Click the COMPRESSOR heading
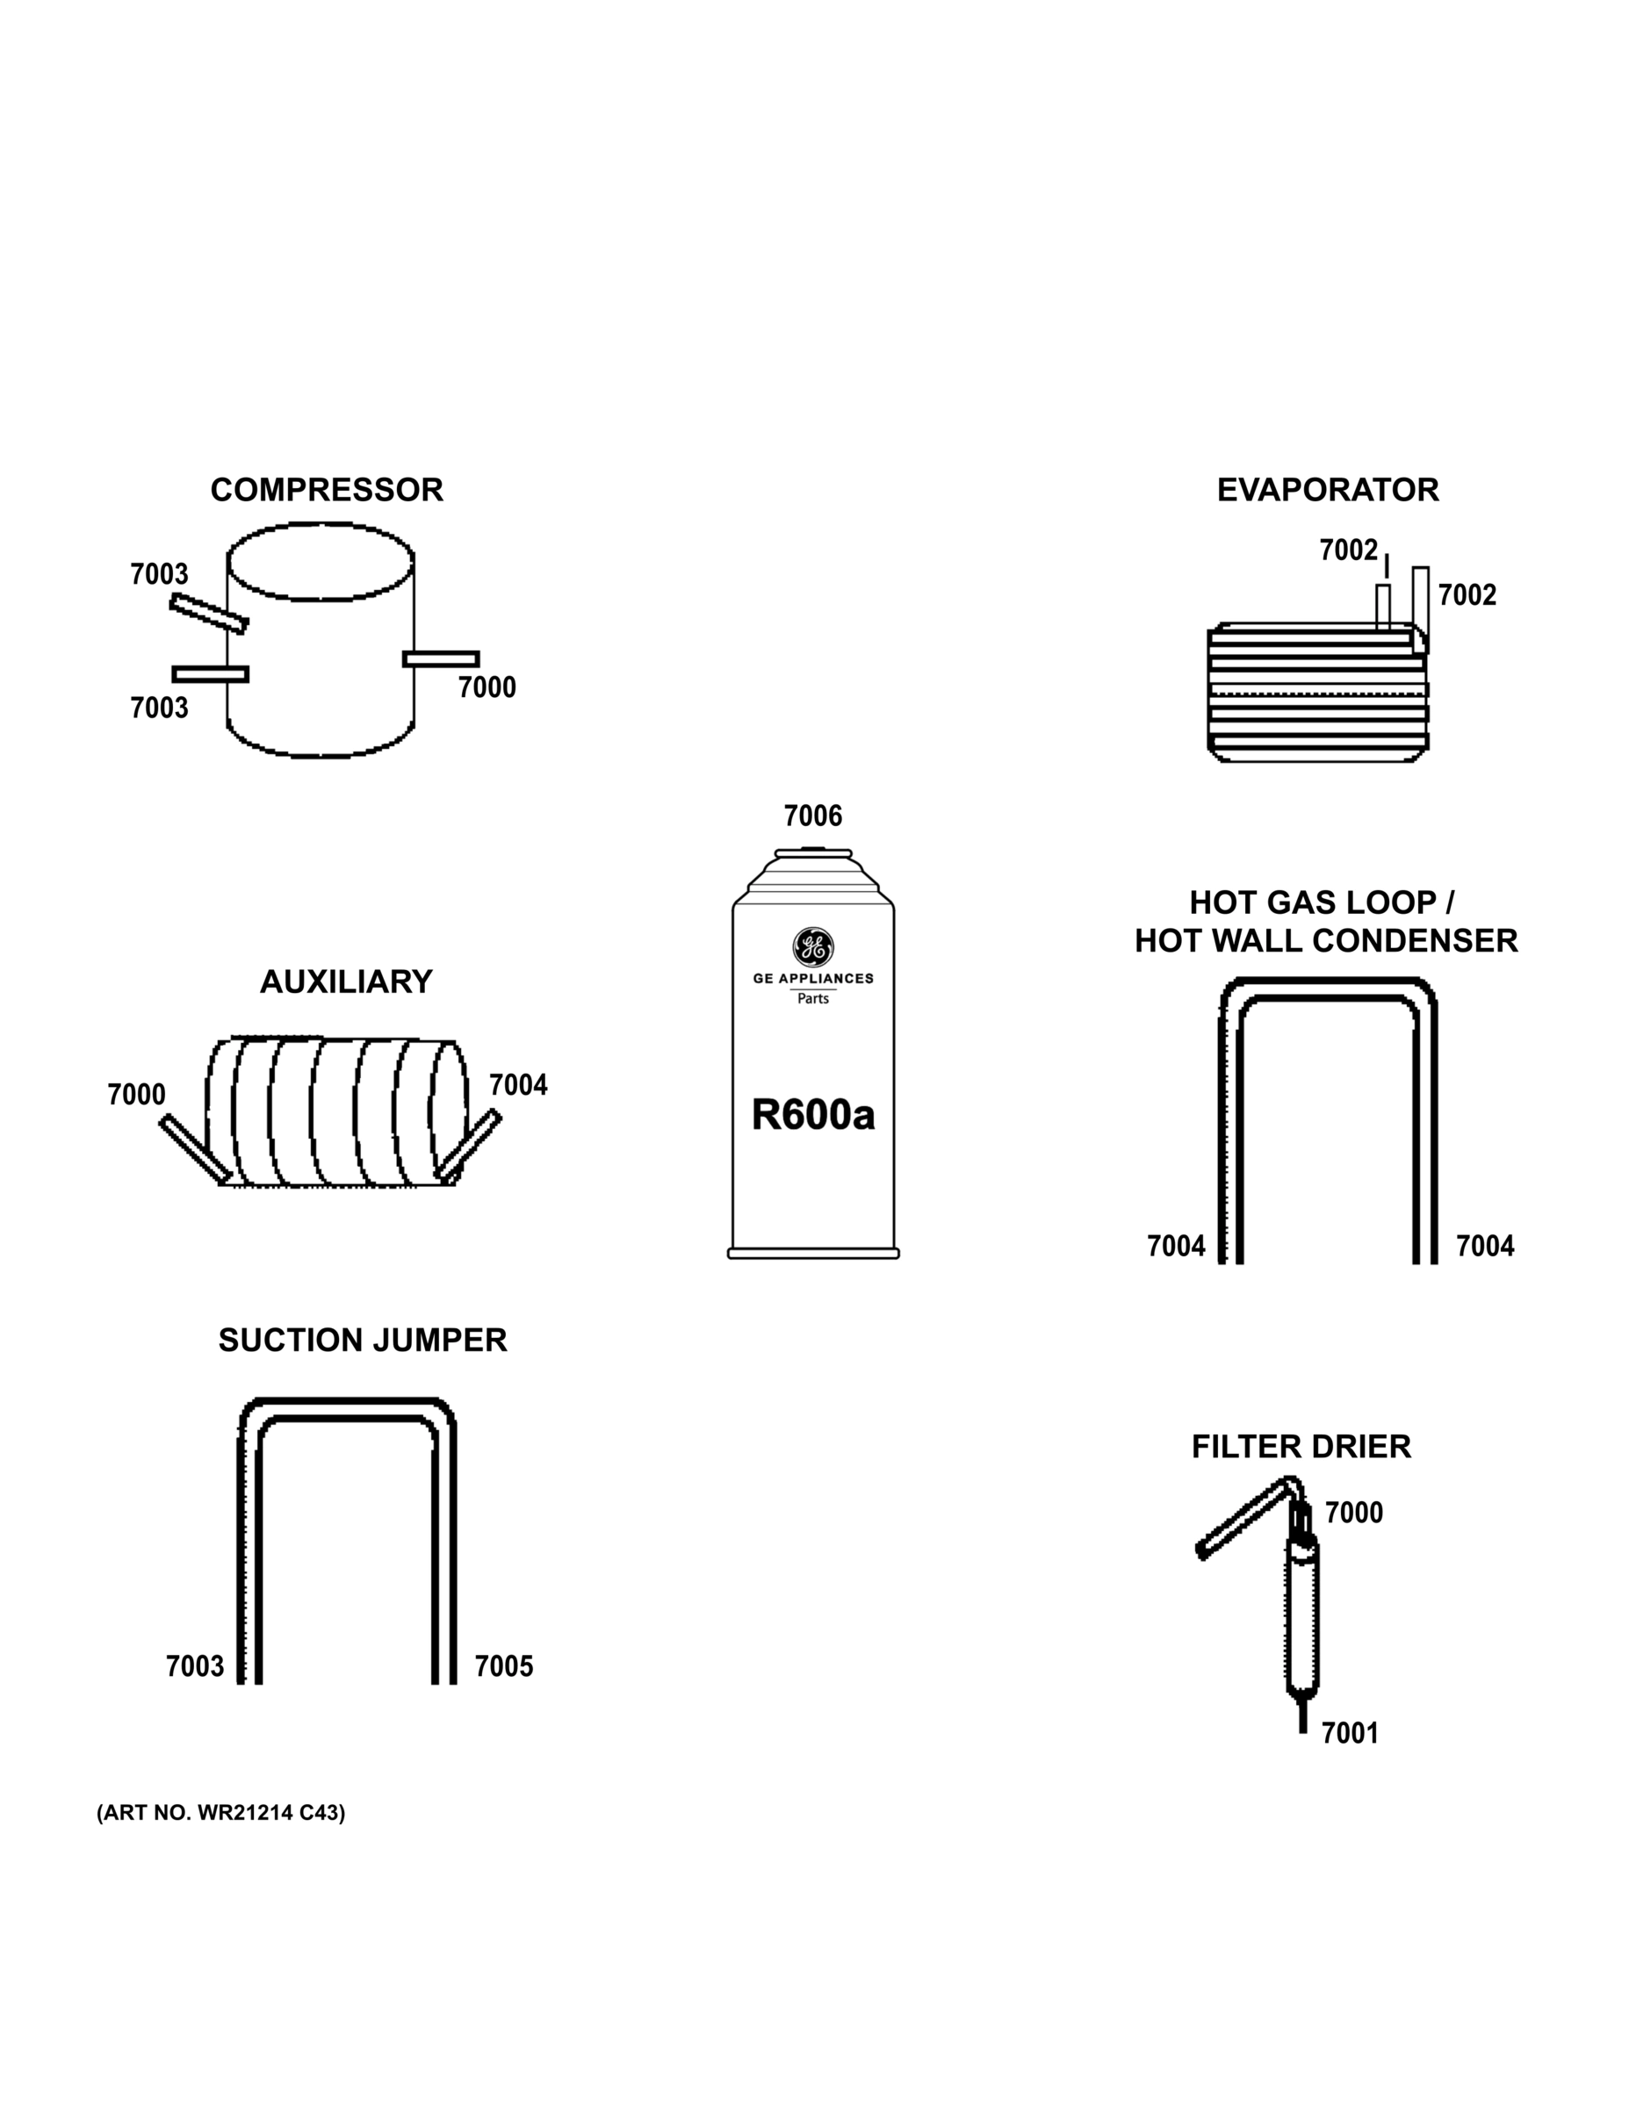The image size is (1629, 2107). click(326, 490)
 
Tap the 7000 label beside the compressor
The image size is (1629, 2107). click(487, 688)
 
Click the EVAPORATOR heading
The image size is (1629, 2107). click(1327, 490)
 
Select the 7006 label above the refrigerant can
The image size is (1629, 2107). click(812, 816)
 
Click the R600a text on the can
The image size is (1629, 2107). click(812, 1115)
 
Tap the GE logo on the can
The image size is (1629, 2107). click(812, 947)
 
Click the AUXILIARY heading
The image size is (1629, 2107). click(345, 982)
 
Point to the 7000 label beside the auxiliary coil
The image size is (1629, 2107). click(136, 1095)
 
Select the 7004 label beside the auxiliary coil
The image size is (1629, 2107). click(518, 1085)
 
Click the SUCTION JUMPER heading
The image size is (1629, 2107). click(362, 1341)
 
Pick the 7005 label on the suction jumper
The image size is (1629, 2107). click(504, 1667)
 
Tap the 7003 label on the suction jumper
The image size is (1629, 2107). click(194, 1667)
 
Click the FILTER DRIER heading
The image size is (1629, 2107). click(1301, 1447)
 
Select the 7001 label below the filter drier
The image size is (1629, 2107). click(1349, 1734)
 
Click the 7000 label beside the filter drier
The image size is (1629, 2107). click(1353, 1513)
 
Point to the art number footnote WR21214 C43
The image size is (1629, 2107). click(220, 1813)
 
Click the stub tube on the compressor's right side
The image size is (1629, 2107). click(441, 659)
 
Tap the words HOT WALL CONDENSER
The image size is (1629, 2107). click(1326, 940)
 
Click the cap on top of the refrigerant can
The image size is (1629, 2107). click(812, 852)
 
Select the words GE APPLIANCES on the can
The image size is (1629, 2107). click(812, 978)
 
